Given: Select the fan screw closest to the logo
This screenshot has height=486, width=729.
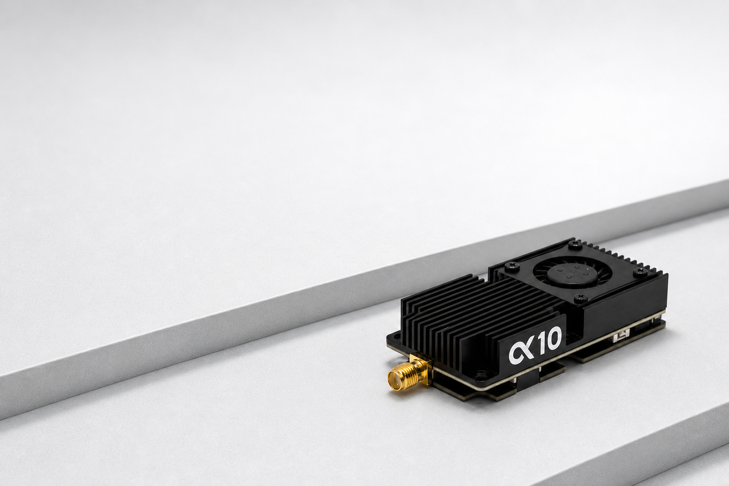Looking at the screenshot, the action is [x=579, y=297].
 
